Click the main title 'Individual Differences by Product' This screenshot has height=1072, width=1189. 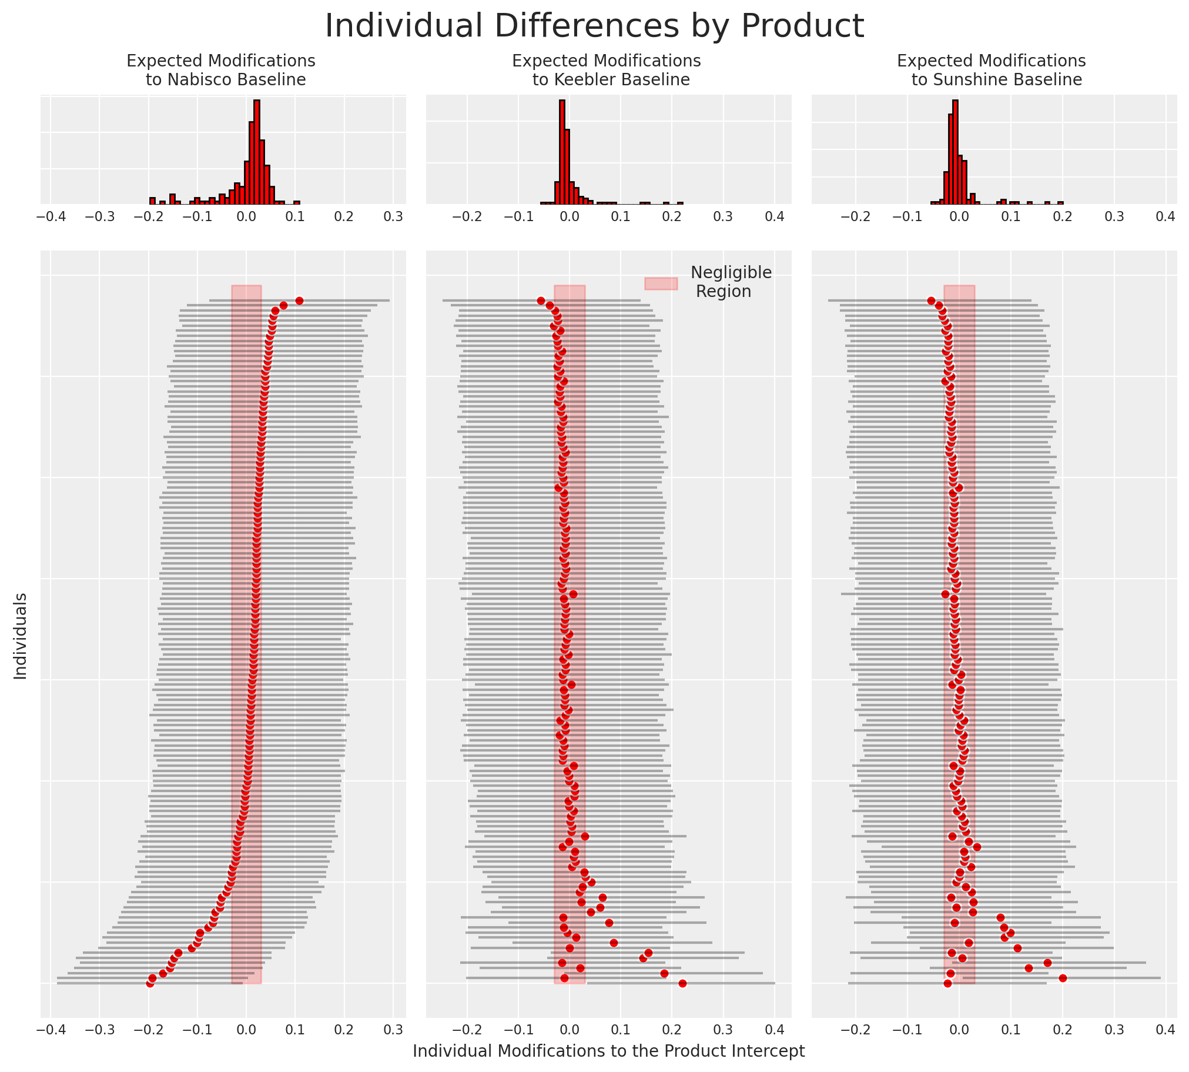pyautogui.click(x=595, y=26)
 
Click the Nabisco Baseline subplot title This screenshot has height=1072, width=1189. pyautogui.click(x=222, y=70)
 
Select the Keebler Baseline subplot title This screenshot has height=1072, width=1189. pyautogui.click(x=607, y=70)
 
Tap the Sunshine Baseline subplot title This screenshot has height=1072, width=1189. pyautogui.click(x=992, y=70)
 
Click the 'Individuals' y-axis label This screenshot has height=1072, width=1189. pyautogui.click(x=21, y=636)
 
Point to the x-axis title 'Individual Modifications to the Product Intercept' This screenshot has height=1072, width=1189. pyautogui.click(x=609, y=1051)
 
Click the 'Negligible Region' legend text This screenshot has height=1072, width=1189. pyautogui.click(x=730, y=282)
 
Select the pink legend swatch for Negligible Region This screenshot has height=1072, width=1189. pyautogui.click(x=661, y=283)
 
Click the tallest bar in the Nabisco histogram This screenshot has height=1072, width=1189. pyautogui.click(x=257, y=152)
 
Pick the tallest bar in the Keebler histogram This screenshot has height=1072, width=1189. pyautogui.click(x=562, y=152)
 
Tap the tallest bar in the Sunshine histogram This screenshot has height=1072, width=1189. pyautogui.click(x=955, y=152)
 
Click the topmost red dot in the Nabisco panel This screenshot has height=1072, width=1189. pyautogui.click(x=299, y=300)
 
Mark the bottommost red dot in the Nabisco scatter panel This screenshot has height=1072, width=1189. pyautogui.click(x=150, y=984)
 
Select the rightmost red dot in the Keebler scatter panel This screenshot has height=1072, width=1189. pyautogui.click(x=682, y=983)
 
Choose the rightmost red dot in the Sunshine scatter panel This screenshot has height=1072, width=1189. pyautogui.click(x=1063, y=978)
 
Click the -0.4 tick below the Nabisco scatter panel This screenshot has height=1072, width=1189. pyautogui.click(x=51, y=1030)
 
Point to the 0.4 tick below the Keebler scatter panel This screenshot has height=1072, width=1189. pyautogui.click(x=775, y=1030)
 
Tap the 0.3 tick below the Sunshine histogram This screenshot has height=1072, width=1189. pyautogui.click(x=1114, y=217)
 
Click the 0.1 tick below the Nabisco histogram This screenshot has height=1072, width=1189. pyautogui.click(x=295, y=217)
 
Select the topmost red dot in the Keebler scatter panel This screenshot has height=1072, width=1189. pyautogui.click(x=541, y=300)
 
